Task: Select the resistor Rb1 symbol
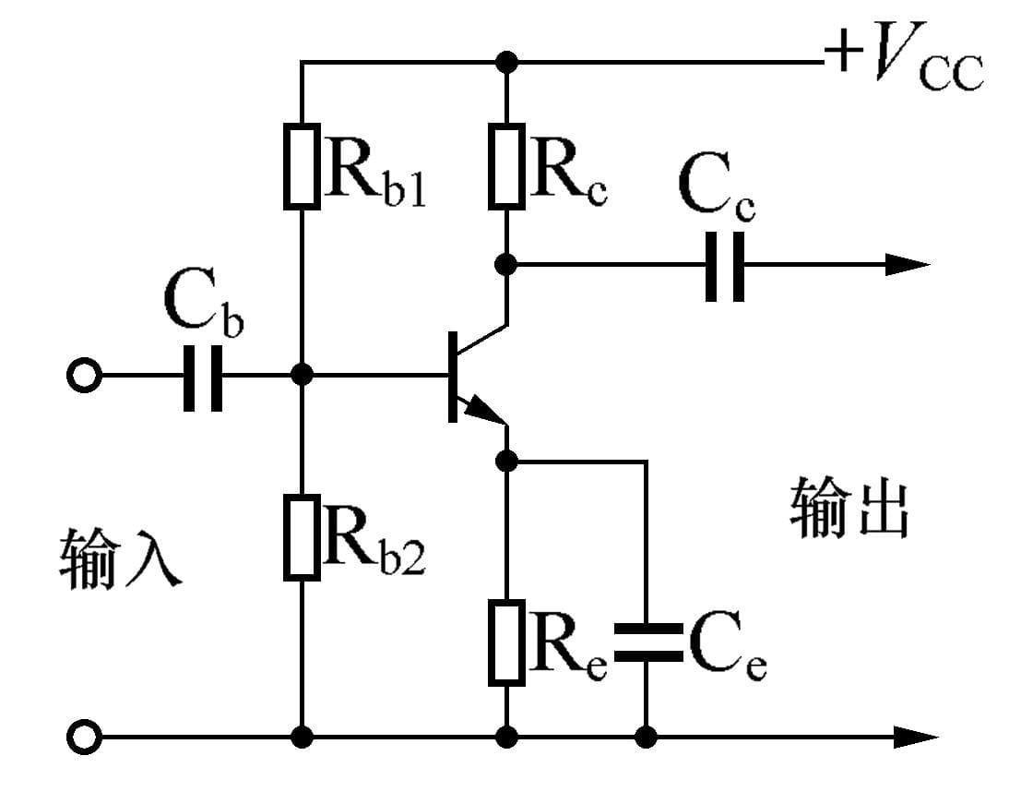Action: click(302, 165)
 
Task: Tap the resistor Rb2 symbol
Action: click(302, 537)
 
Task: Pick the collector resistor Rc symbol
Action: click(506, 165)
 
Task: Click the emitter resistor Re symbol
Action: click(506, 642)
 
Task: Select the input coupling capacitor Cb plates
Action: click(203, 376)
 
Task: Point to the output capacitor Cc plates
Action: click(725, 265)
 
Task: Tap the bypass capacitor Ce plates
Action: click(646, 642)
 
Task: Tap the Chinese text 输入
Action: click(120, 559)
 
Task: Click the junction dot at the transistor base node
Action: click(302, 376)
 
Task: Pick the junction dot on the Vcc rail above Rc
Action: click(506, 63)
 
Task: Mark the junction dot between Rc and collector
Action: click(506, 265)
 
